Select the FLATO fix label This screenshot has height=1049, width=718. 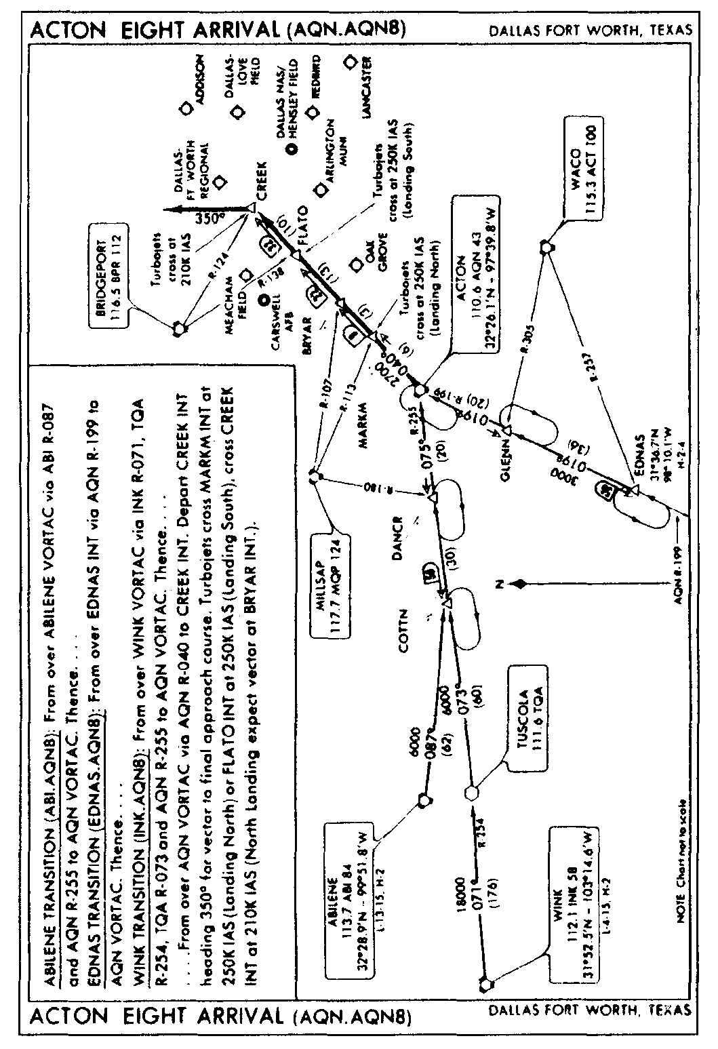(x=302, y=224)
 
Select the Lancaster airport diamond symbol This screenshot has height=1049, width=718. (x=351, y=62)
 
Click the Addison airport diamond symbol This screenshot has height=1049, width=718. (x=184, y=109)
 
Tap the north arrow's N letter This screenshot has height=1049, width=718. (x=500, y=583)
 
